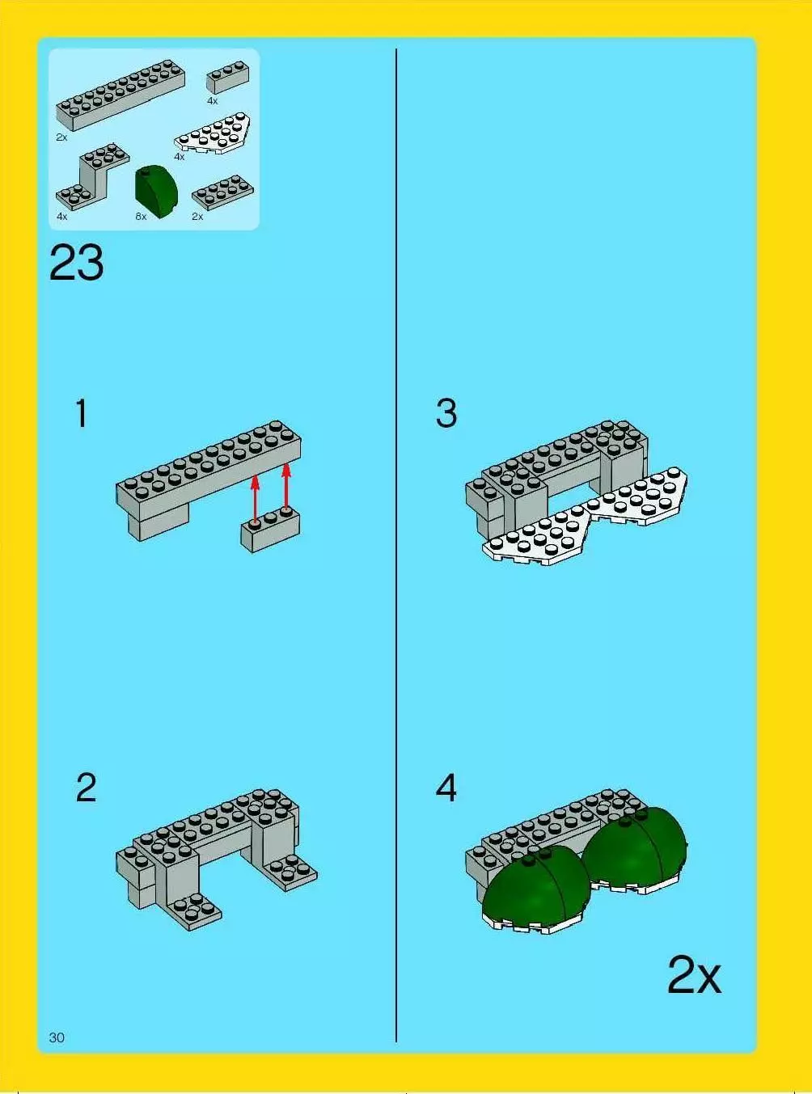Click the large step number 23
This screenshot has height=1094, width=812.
[x=77, y=263]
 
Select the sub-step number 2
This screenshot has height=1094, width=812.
[x=87, y=788]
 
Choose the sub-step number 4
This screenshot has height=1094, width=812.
[x=446, y=788]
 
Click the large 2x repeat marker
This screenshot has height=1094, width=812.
[x=694, y=975]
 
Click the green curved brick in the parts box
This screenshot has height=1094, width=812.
[x=156, y=192]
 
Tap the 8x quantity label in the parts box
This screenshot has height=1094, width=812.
[x=141, y=217]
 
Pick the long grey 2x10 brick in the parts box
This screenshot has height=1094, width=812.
[x=121, y=95]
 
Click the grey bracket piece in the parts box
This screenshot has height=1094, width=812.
[x=92, y=176]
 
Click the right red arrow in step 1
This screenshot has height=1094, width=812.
[x=286, y=487]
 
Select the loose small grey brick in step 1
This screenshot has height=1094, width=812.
[x=270, y=529]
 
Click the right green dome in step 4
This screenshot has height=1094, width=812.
[x=634, y=844]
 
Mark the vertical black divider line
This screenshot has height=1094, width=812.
[x=396, y=545]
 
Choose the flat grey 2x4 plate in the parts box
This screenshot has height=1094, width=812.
[x=223, y=192]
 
